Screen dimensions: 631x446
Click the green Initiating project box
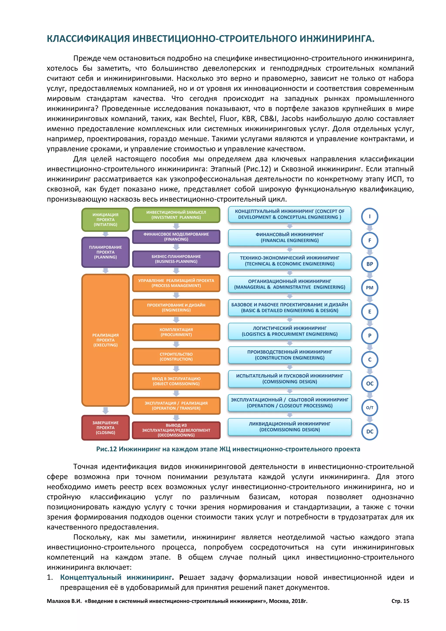click(x=105, y=220)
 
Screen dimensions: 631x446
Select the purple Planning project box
click(x=105, y=252)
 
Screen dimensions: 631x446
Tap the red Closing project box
click(x=105, y=428)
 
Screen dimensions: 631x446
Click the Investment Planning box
click(x=176, y=215)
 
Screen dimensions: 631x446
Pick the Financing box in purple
click(x=176, y=237)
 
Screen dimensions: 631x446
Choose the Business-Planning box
click(x=176, y=259)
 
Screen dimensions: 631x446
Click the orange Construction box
click(x=176, y=357)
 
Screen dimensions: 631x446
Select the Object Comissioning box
click(x=176, y=381)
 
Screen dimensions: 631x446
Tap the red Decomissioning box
click(x=176, y=430)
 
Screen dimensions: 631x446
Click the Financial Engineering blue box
click(x=289, y=237)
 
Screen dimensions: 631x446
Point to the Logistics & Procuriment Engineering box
click(x=289, y=331)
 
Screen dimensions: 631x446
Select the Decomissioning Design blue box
click(x=289, y=427)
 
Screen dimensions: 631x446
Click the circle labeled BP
click(x=370, y=264)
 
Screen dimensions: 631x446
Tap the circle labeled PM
click(x=370, y=288)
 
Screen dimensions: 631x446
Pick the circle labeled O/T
click(x=370, y=408)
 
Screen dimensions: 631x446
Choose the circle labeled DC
click(x=370, y=431)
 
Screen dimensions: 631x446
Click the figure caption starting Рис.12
click(x=228, y=449)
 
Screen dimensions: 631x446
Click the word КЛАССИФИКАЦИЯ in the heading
click(x=88, y=39)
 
